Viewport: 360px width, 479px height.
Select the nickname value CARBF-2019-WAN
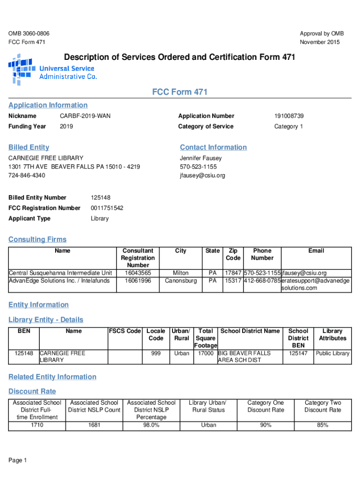(x=85, y=116)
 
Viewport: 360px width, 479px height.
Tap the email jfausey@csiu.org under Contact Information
(x=202, y=175)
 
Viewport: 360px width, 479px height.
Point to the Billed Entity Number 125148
(x=101, y=198)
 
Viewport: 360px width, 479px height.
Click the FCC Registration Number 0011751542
(x=107, y=208)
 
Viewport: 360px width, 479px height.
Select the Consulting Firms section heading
(x=37, y=239)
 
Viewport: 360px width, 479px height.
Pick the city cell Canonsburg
(x=180, y=281)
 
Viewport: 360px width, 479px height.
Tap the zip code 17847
(x=233, y=273)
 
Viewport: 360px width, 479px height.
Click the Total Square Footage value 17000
(x=206, y=354)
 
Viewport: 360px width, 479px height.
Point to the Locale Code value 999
(x=156, y=354)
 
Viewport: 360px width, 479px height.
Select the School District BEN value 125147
(x=298, y=354)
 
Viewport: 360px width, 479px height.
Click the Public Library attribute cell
(x=332, y=354)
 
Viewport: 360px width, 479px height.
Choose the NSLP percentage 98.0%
(x=151, y=425)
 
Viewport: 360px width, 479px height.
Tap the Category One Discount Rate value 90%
(x=265, y=425)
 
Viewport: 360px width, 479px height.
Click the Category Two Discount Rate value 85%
(x=323, y=425)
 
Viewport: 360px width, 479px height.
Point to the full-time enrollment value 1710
(x=37, y=425)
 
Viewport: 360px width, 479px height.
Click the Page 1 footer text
(x=18, y=461)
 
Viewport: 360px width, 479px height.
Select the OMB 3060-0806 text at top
(x=29, y=34)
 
